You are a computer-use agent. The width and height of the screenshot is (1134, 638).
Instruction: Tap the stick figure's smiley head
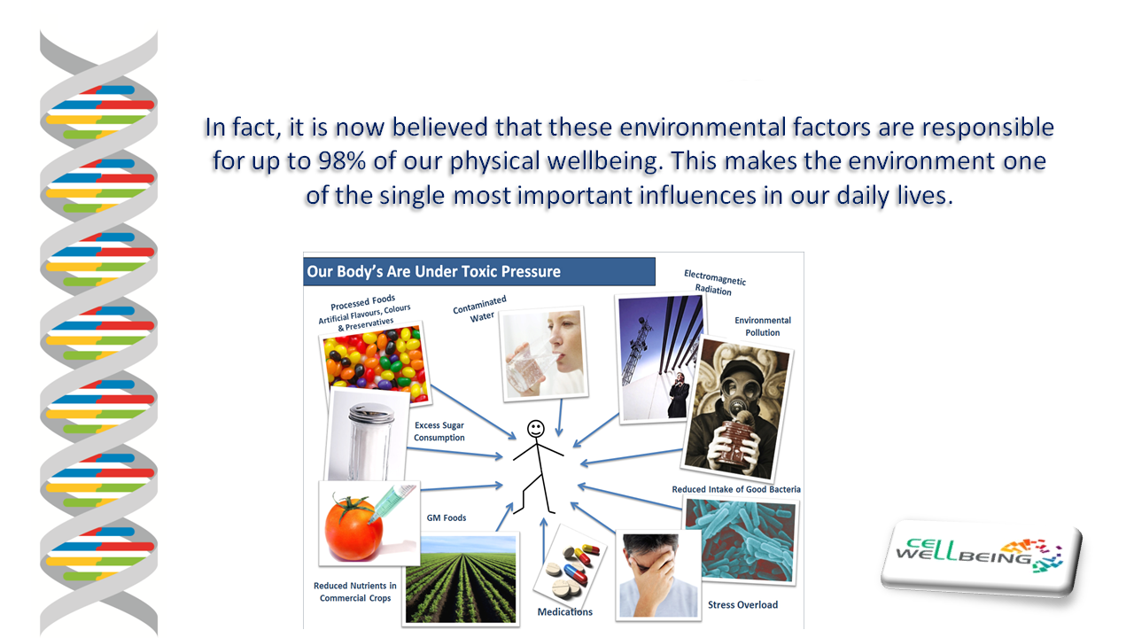(x=536, y=429)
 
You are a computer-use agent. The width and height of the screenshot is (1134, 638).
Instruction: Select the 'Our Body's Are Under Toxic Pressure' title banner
(x=479, y=271)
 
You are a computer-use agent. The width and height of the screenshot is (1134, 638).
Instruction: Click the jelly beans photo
(x=375, y=363)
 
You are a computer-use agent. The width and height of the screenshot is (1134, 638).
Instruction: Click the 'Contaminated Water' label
(x=480, y=309)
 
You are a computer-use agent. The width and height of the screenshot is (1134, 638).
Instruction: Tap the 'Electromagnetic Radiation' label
(x=714, y=283)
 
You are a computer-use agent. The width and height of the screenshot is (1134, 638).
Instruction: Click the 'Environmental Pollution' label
(x=763, y=326)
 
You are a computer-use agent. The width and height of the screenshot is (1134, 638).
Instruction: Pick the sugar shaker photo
(x=367, y=435)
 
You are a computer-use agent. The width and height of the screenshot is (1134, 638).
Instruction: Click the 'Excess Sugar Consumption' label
(x=439, y=432)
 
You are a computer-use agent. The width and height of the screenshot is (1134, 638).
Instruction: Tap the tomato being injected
(x=353, y=528)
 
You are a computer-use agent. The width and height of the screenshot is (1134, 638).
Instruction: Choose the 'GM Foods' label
(x=446, y=517)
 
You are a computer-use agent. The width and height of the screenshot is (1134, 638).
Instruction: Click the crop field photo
(x=461, y=580)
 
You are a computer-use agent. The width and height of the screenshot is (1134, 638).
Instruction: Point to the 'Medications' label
(x=565, y=611)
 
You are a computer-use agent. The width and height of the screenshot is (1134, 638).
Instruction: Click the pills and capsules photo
(x=570, y=570)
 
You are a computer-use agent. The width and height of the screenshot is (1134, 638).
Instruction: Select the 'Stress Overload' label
(x=742, y=604)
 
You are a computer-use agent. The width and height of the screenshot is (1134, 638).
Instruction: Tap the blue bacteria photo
(x=740, y=541)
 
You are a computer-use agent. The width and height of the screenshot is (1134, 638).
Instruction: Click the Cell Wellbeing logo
(x=981, y=558)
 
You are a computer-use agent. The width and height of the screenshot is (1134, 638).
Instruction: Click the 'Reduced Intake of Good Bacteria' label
(x=736, y=489)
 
